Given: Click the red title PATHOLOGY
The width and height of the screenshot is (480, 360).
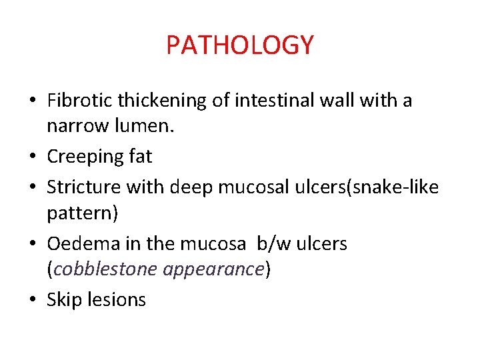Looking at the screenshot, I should point(240,45).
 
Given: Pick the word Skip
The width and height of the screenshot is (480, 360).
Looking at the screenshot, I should point(62,300).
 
